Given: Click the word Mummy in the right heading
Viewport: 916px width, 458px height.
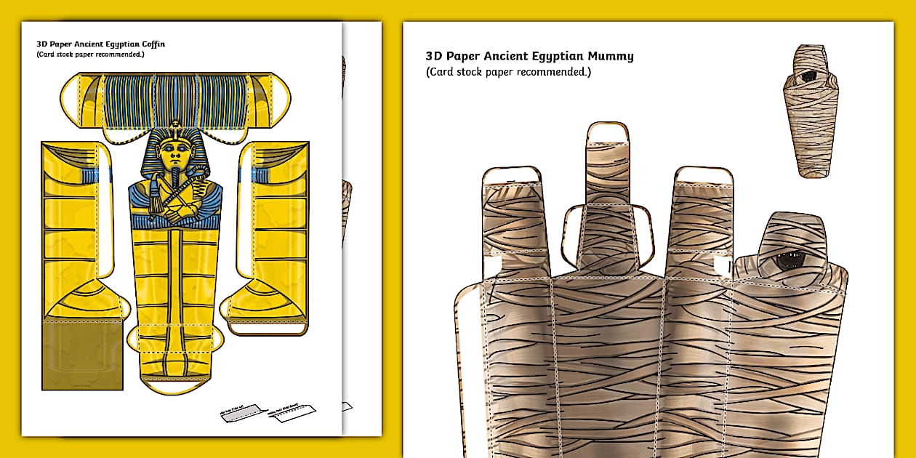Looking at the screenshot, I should click(611, 56).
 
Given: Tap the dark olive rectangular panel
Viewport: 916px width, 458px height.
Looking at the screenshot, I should click(71, 354).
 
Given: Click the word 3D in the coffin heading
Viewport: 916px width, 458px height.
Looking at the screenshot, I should click(41, 44).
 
